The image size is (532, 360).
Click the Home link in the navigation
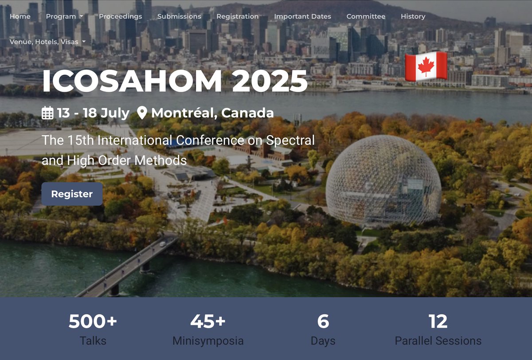click(x=20, y=16)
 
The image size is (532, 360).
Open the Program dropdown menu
click(x=64, y=16)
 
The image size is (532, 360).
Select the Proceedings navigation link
click(x=120, y=16)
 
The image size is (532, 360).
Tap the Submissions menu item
click(x=179, y=16)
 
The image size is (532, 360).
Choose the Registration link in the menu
click(x=237, y=16)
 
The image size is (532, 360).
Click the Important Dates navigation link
click(x=302, y=16)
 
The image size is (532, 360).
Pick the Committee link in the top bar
click(x=366, y=16)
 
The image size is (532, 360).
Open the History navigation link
click(x=413, y=16)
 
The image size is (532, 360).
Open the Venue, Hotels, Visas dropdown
click(x=47, y=42)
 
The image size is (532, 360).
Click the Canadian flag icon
click(x=426, y=66)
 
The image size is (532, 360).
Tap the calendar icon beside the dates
click(x=47, y=113)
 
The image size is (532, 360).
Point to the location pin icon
click(x=142, y=113)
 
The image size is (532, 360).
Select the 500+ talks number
click(x=93, y=321)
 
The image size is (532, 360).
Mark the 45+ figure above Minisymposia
click(x=207, y=321)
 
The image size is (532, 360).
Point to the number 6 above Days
click(x=323, y=321)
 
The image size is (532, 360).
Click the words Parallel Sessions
click(x=438, y=341)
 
